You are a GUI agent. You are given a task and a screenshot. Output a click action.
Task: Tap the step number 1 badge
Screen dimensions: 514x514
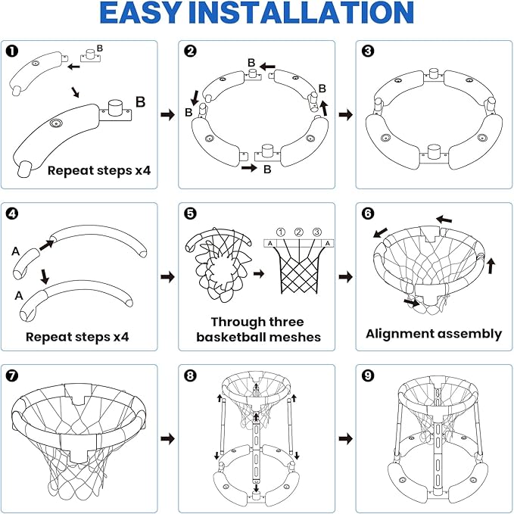[12, 51]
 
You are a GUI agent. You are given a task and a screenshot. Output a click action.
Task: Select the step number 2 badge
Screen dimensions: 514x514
[190, 51]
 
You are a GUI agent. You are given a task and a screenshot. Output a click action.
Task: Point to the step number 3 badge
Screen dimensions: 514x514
[368, 51]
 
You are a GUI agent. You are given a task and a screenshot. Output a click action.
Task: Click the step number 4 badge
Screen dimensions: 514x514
[12, 213]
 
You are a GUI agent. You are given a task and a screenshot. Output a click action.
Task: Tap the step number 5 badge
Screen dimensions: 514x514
[190, 213]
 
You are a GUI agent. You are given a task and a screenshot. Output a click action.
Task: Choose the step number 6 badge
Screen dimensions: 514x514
[368, 213]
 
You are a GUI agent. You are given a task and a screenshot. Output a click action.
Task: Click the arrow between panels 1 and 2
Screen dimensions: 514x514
[167, 114]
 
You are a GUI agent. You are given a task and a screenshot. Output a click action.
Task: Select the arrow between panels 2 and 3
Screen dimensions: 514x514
[345, 114]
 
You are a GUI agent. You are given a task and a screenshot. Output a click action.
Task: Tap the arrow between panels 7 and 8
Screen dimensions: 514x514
[167, 438]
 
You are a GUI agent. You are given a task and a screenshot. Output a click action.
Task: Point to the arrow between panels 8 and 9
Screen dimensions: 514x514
[345, 438]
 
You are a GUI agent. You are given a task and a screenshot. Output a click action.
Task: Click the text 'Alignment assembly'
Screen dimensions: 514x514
[434, 334]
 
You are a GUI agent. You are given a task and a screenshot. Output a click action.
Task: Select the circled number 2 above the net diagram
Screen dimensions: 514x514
[298, 232]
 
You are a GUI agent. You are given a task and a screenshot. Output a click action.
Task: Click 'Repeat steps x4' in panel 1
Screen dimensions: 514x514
[99, 170]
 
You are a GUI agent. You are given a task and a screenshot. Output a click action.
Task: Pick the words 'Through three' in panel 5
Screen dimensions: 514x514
[256, 322]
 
